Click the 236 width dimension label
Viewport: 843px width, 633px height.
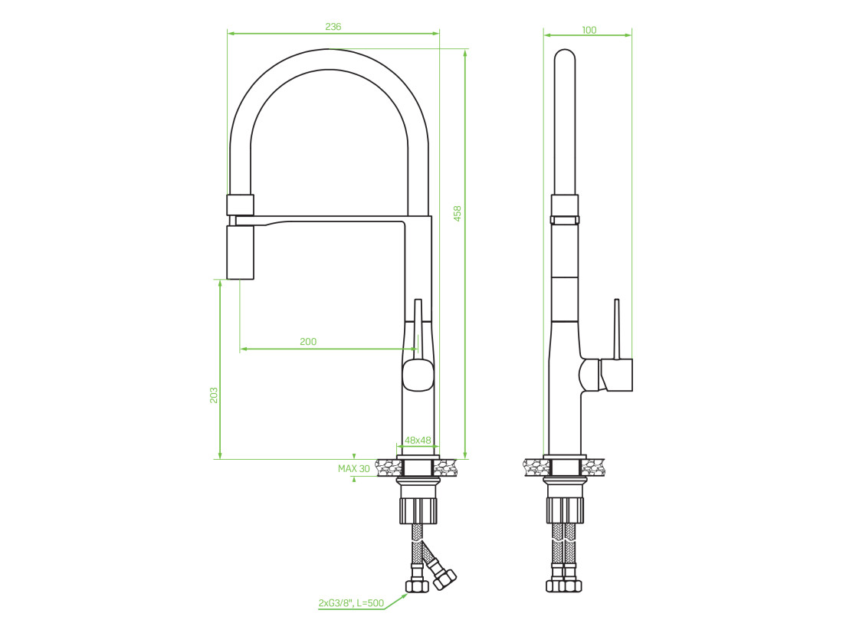pos(333,26)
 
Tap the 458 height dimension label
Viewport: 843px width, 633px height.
pos(458,214)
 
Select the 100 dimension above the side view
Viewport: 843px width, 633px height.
pos(589,30)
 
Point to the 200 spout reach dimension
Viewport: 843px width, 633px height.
pos(308,342)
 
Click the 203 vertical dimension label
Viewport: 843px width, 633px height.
pos(214,395)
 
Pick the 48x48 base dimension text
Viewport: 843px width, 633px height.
pos(418,441)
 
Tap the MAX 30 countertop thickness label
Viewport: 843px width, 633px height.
pos(354,468)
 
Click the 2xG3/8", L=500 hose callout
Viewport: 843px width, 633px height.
pos(352,603)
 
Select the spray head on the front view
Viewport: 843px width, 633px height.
pos(240,252)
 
